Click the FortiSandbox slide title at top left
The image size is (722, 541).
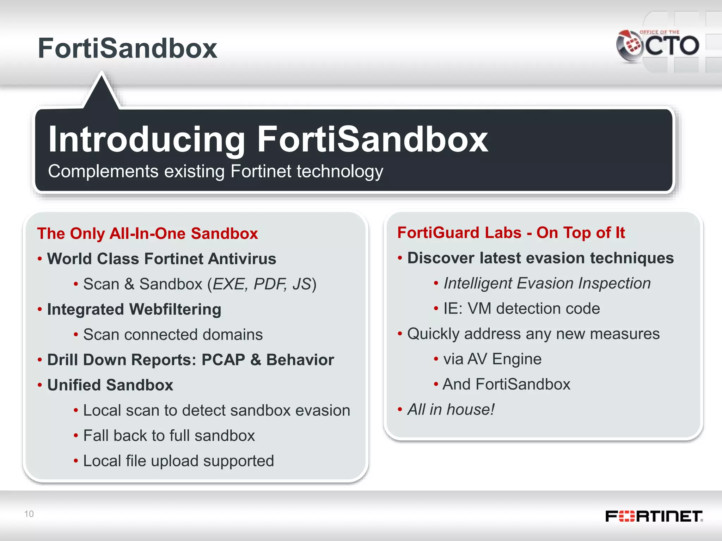(127, 48)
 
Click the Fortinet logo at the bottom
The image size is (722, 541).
(654, 516)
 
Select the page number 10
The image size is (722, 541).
(29, 514)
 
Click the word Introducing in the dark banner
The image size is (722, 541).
(146, 140)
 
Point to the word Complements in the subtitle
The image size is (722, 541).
(103, 172)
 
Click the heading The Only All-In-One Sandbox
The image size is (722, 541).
(147, 234)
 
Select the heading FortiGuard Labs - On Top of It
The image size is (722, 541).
(511, 233)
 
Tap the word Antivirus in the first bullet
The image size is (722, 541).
(242, 259)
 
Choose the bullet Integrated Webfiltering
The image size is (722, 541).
(134, 310)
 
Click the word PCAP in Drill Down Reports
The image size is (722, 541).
(223, 360)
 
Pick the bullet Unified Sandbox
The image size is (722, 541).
(110, 385)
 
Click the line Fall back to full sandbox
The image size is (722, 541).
(169, 436)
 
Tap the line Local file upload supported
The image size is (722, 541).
(178, 461)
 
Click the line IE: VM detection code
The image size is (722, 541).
(521, 309)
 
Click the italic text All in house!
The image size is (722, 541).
(451, 410)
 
